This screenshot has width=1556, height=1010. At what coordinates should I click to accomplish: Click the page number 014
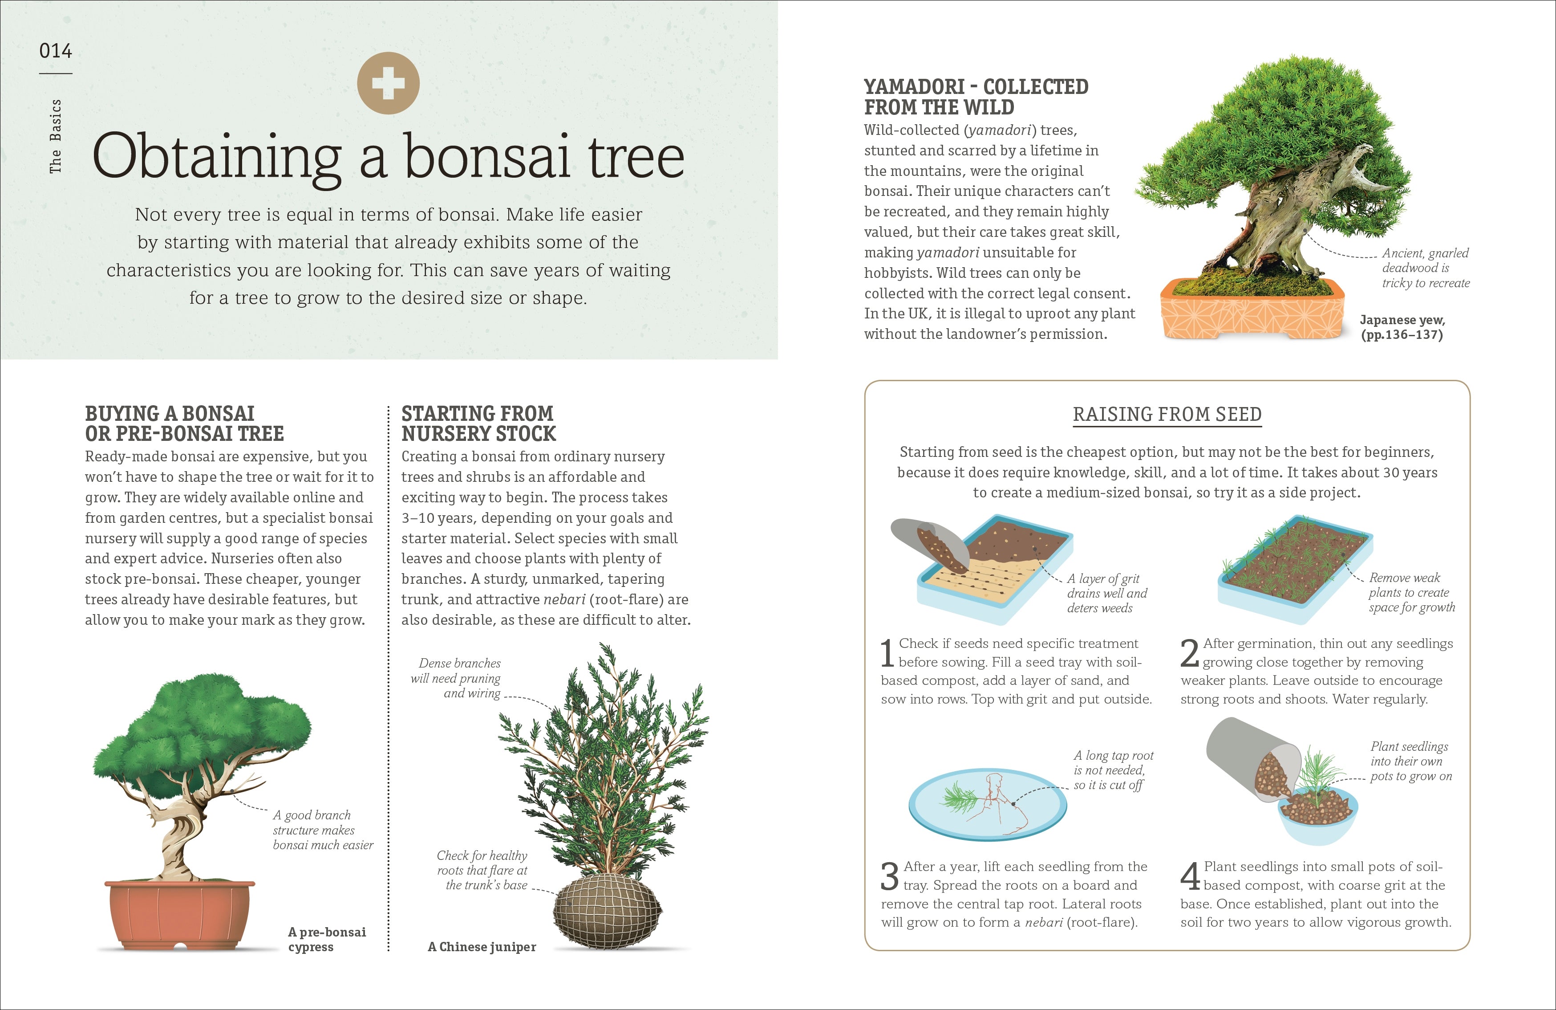click(56, 50)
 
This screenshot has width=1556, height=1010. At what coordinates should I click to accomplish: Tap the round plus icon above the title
click(389, 83)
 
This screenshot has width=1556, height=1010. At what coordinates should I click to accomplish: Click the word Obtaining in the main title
click(216, 157)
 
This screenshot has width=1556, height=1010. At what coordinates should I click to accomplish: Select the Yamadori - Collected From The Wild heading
click(976, 97)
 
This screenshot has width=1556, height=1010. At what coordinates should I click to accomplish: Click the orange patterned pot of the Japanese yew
click(1252, 314)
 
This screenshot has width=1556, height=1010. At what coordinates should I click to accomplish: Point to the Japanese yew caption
click(1402, 327)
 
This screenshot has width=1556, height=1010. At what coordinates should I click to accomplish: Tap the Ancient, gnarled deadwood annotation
click(1425, 268)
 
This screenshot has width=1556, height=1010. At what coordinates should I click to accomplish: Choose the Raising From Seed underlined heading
click(1167, 415)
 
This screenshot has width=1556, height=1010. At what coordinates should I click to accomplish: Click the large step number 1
click(887, 653)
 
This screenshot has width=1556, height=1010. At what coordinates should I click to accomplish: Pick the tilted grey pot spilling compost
click(1245, 759)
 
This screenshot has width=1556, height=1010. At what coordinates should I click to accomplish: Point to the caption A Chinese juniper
click(482, 947)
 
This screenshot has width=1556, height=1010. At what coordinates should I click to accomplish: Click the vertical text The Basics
click(56, 136)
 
